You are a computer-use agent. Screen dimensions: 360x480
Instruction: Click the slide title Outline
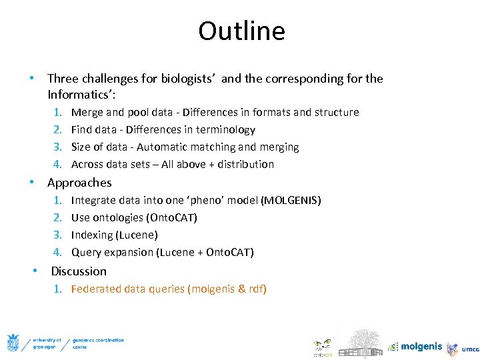[x=241, y=31]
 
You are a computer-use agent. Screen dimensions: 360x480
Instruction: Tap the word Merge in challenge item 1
[x=87, y=112]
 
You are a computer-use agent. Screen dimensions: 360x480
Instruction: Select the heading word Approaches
[x=79, y=183]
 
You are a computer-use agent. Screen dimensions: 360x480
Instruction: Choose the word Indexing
[x=92, y=235]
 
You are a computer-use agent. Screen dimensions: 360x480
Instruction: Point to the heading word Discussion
[x=79, y=271]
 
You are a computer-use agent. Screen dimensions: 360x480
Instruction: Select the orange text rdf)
[x=257, y=289]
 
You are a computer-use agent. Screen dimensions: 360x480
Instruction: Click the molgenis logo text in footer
[x=421, y=346]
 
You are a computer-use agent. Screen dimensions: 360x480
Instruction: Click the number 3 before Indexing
[x=58, y=235]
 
